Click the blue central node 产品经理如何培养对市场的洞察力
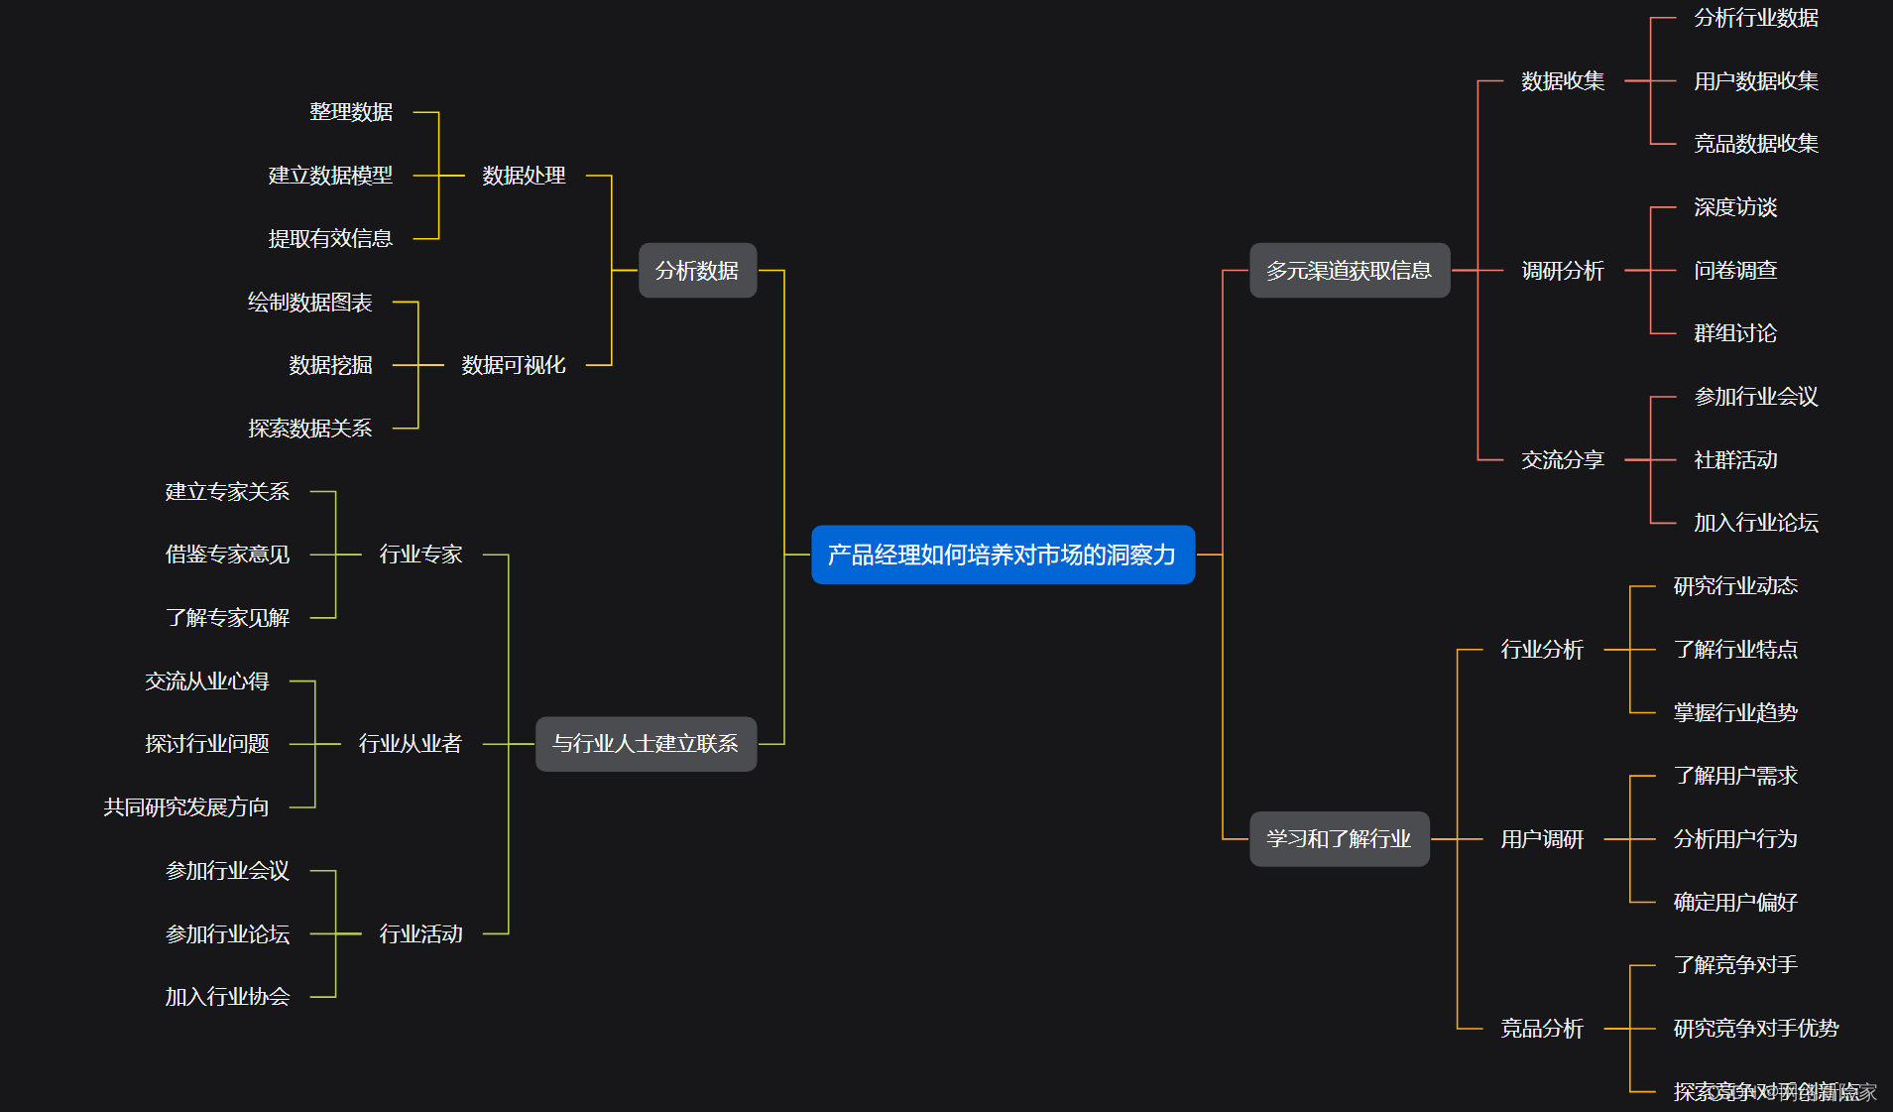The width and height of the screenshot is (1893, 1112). click(x=1003, y=555)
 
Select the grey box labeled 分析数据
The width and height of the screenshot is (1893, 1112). click(x=697, y=270)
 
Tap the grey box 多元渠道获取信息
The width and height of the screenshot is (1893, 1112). click(x=1349, y=270)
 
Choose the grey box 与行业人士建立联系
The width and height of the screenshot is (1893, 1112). click(x=646, y=744)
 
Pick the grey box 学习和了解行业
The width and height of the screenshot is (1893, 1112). click(x=1339, y=839)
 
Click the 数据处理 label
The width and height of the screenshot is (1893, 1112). click(x=524, y=176)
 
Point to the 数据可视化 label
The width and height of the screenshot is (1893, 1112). click(x=514, y=365)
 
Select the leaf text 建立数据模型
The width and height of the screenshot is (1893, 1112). click(x=330, y=176)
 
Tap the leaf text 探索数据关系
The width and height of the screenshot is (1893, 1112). click(x=309, y=429)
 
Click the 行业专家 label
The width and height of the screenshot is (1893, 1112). click(x=420, y=555)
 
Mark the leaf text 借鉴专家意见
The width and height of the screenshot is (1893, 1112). click(x=227, y=555)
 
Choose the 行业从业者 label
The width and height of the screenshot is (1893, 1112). click(x=410, y=744)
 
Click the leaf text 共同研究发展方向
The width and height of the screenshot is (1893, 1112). click(x=186, y=807)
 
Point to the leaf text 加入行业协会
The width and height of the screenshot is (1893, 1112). click(x=227, y=997)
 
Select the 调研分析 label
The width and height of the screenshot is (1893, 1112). click(x=1563, y=271)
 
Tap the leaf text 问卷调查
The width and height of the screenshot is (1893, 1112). click(x=1735, y=271)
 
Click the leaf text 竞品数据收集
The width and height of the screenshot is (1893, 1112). click(x=1755, y=144)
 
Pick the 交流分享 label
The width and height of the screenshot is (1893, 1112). click(x=1563, y=460)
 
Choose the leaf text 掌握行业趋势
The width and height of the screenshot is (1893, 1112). click(x=1735, y=713)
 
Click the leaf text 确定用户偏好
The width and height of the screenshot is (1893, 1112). click(x=1735, y=903)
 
